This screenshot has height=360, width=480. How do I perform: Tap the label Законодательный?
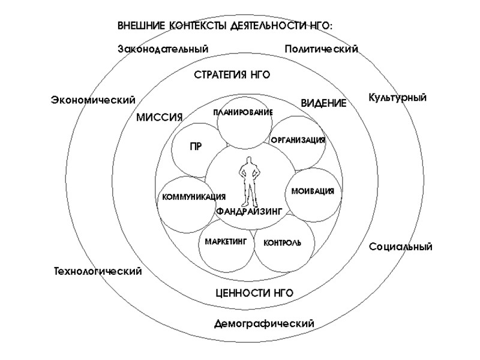(163, 49)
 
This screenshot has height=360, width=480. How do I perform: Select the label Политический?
(321, 49)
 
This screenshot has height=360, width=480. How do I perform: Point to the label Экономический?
(93, 100)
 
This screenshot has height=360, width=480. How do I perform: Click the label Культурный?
(397, 97)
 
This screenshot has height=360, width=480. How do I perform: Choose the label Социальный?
(400, 247)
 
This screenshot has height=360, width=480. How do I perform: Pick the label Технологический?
(98, 271)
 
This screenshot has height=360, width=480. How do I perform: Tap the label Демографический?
(264, 324)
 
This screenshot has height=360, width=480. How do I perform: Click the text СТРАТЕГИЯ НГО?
(232, 75)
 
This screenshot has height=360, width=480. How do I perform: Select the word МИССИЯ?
(159, 117)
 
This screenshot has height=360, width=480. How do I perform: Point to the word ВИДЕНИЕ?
(323, 103)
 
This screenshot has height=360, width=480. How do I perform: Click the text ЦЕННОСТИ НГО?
(254, 293)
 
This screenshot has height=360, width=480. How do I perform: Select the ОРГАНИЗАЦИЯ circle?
(298, 142)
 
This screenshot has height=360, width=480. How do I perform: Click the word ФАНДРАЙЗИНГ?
(248, 211)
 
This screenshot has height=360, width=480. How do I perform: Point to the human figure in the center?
(249, 180)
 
